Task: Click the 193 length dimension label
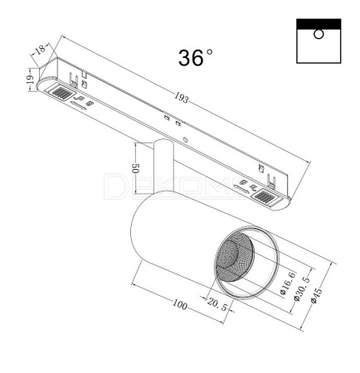point(182,98)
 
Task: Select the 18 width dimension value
point(40,50)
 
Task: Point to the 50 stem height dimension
point(135,168)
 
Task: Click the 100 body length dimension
point(180,304)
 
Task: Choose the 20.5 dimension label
point(217,304)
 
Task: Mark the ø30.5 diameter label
point(302,288)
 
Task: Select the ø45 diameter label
point(317,296)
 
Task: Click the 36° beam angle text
point(196,58)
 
